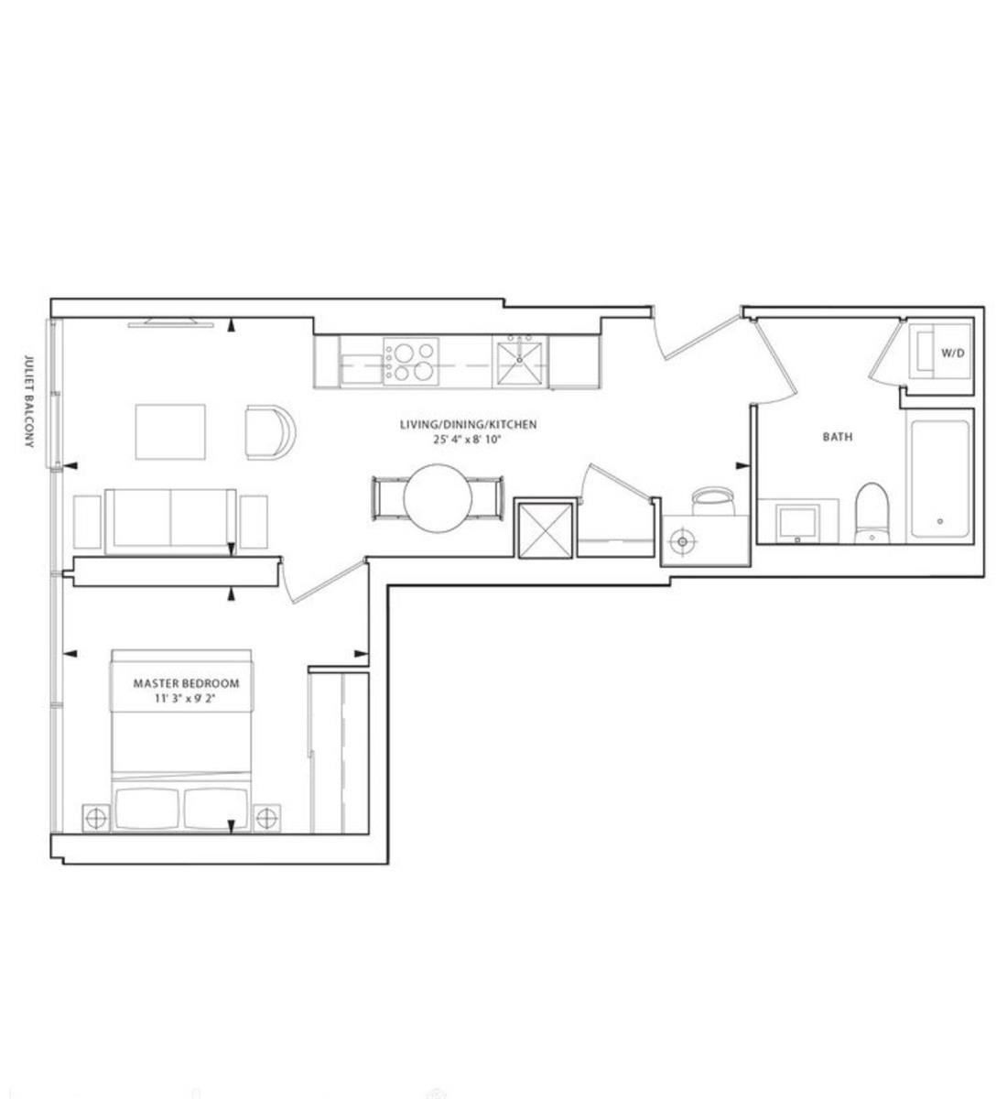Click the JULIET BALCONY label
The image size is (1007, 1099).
pos(29,401)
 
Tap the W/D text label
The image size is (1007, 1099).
pos(953,354)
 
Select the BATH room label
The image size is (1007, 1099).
pos(838,437)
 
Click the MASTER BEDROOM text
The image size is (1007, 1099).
pos(186,683)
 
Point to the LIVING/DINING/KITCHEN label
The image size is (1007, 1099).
pos(469,424)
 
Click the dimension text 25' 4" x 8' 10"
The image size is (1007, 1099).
pos(468,440)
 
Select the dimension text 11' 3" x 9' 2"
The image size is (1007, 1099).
pos(187,699)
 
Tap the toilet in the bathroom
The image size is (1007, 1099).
pos(872,513)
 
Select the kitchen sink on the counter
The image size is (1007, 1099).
pos(519,362)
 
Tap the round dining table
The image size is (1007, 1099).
pos(438,498)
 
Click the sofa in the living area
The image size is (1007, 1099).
pos(170,521)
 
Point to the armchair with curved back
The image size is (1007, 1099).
pos(271,432)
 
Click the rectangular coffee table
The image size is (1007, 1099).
pos(170,432)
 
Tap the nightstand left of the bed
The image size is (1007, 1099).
pos(96,819)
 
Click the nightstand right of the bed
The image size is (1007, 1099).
pos(266,819)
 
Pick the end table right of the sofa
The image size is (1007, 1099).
pos(254,521)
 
